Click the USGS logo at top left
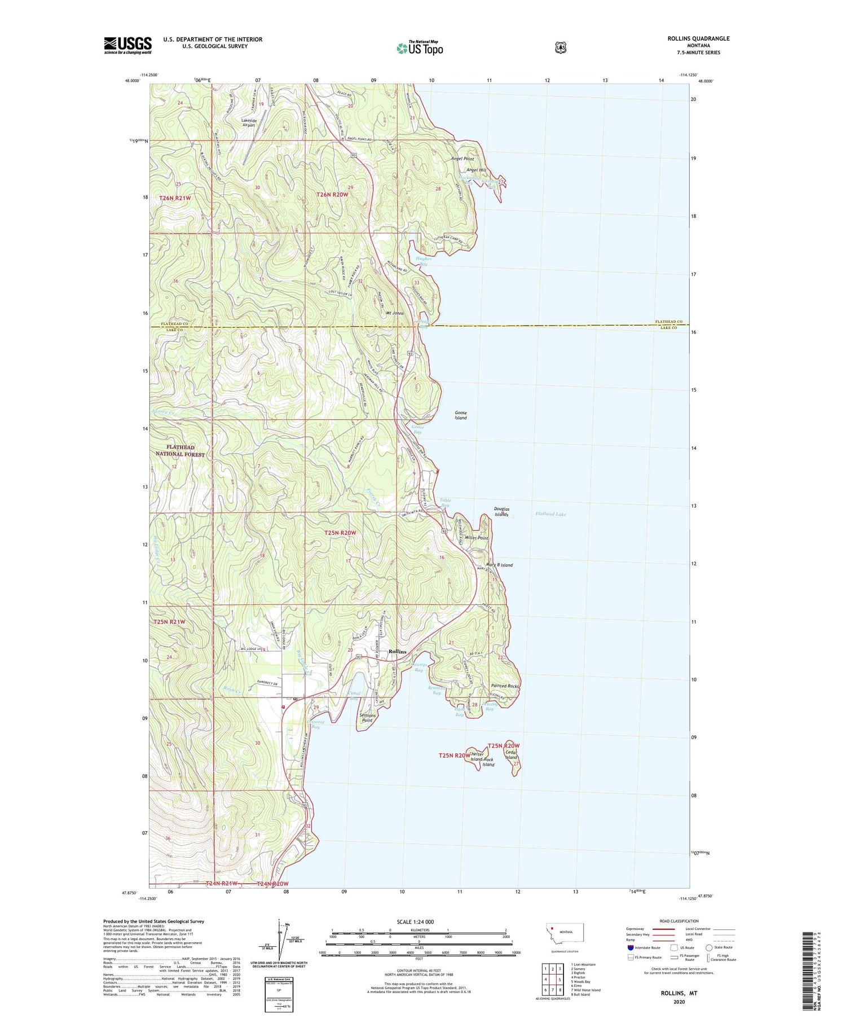point(127,45)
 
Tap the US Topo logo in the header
point(420,48)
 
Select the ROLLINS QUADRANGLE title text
point(699,38)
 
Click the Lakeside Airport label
point(249,122)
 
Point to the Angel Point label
point(462,159)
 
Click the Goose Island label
point(461,415)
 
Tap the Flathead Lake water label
point(550,514)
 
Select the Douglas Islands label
point(501,512)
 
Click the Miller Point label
point(477,538)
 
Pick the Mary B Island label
point(499,565)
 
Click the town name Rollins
point(397,651)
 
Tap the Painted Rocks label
point(504,686)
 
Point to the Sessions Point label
point(367,718)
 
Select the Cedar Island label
point(511,755)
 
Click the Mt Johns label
point(394,313)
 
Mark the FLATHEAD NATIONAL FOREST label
point(180,450)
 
